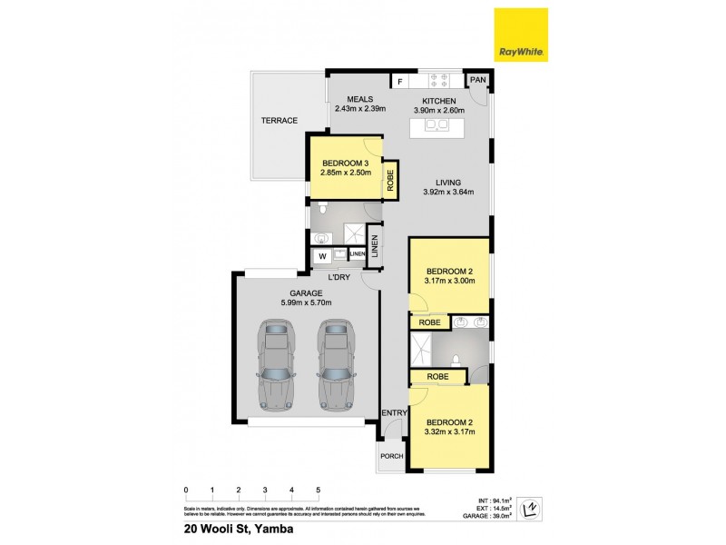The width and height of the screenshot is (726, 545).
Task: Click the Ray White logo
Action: [520, 35]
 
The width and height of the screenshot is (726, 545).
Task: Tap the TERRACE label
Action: [280, 120]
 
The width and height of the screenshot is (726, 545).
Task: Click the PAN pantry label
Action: [478, 81]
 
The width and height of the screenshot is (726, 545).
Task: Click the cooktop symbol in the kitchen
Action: [439, 80]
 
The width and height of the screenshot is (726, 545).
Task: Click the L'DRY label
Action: [339, 276]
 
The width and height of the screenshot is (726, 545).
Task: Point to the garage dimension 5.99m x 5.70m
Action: [306, 302]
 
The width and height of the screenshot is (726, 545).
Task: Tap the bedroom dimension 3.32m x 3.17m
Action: [451, 432]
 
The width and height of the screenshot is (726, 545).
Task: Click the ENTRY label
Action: [392, 413]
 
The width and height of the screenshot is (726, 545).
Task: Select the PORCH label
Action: [391, 457]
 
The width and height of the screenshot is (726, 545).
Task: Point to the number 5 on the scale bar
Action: [318, 490]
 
